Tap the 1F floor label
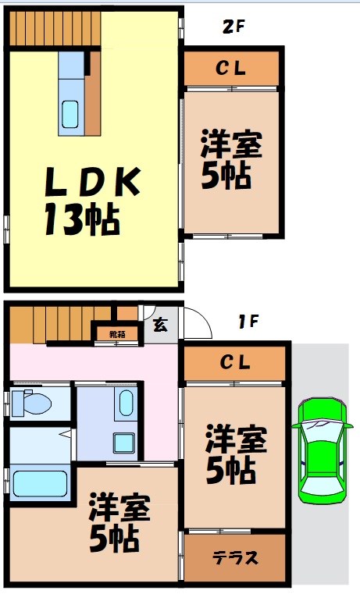pyautogui.click(x=248, y=320)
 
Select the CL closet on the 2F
pyautogui.click(x=231, y=69)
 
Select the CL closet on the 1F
pyautogui.click(x=234, y=362)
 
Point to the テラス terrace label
pyautogui.click(x=235, y=557)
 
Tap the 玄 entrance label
pyautogui.click(x=159, y=325)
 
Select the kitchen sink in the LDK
pyautogui.click(x=70, y=116)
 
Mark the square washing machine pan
pyautogui.click(x=123, y=443)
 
